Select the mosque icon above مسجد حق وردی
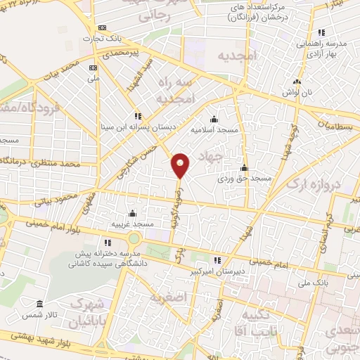click(x=244, y=167)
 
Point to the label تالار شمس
click(x=39, y=314)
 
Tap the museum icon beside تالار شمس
click(x=39, y=304)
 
